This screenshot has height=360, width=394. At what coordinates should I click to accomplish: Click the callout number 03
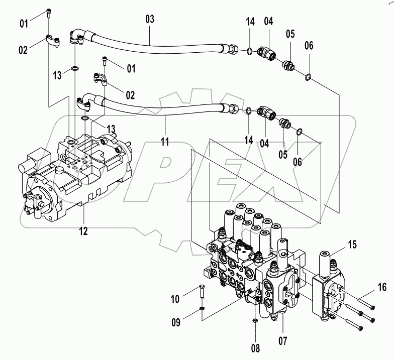coord(150,20)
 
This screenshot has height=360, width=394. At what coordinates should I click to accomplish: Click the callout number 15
coord(352,245)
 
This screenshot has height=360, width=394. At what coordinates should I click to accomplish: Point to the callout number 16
coord(381,287)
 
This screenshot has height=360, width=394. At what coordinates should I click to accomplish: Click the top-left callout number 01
coord(24,23)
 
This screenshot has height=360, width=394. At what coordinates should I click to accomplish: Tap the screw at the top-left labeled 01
coord(48,13)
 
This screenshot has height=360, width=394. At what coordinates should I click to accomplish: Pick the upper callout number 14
coord(250,22)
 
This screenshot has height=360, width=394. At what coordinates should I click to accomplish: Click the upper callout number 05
coord(290,34)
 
